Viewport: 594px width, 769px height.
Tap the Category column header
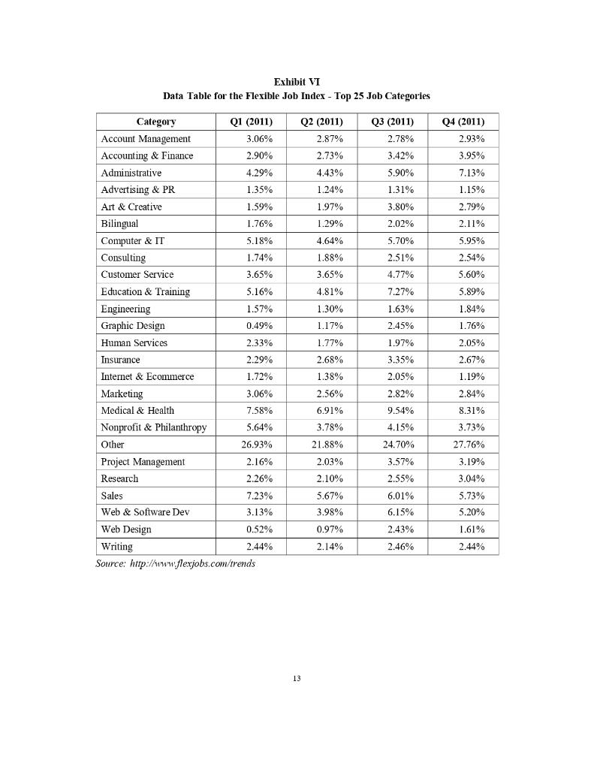(156, 122)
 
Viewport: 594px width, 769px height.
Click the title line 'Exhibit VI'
(297, 81)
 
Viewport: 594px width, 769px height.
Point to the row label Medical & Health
(137, 411)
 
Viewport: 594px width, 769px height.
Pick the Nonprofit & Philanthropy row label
(153, 428)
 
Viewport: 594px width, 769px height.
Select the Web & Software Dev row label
(145, 512)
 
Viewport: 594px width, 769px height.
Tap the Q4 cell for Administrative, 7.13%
(472, 173)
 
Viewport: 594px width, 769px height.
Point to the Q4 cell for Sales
(472, 496)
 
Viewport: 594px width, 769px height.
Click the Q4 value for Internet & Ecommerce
(472, 376)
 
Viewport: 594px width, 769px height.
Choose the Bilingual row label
(119, 224)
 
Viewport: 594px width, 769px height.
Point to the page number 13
(297, 679)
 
